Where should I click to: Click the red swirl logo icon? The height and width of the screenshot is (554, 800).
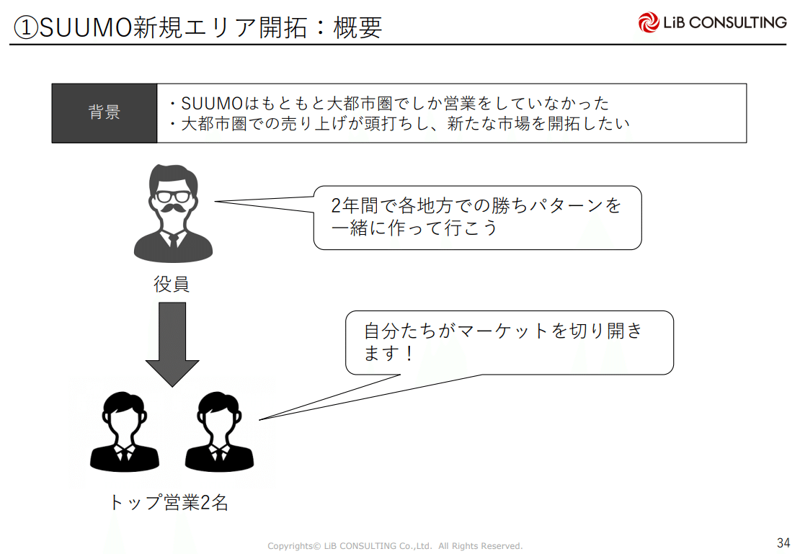[649, 22]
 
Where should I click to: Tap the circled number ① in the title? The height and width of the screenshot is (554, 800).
[26, 27]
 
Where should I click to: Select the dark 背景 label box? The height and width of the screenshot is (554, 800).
[105, 113]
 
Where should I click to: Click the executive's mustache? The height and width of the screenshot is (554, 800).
[173, 209]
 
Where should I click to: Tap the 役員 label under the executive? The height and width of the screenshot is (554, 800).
[172, 285]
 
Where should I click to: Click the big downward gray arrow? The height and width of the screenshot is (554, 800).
[172, 342]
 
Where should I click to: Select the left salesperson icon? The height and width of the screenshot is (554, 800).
[124, 432]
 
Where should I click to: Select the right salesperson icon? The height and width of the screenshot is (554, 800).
[219, 432]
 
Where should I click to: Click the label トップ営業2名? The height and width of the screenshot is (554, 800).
[169, 502]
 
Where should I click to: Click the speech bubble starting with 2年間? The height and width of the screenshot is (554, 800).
[477, 218]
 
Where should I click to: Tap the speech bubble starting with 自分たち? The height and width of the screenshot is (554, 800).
[509, 342]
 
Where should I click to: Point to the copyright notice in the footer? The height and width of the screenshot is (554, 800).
[395, 546]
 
